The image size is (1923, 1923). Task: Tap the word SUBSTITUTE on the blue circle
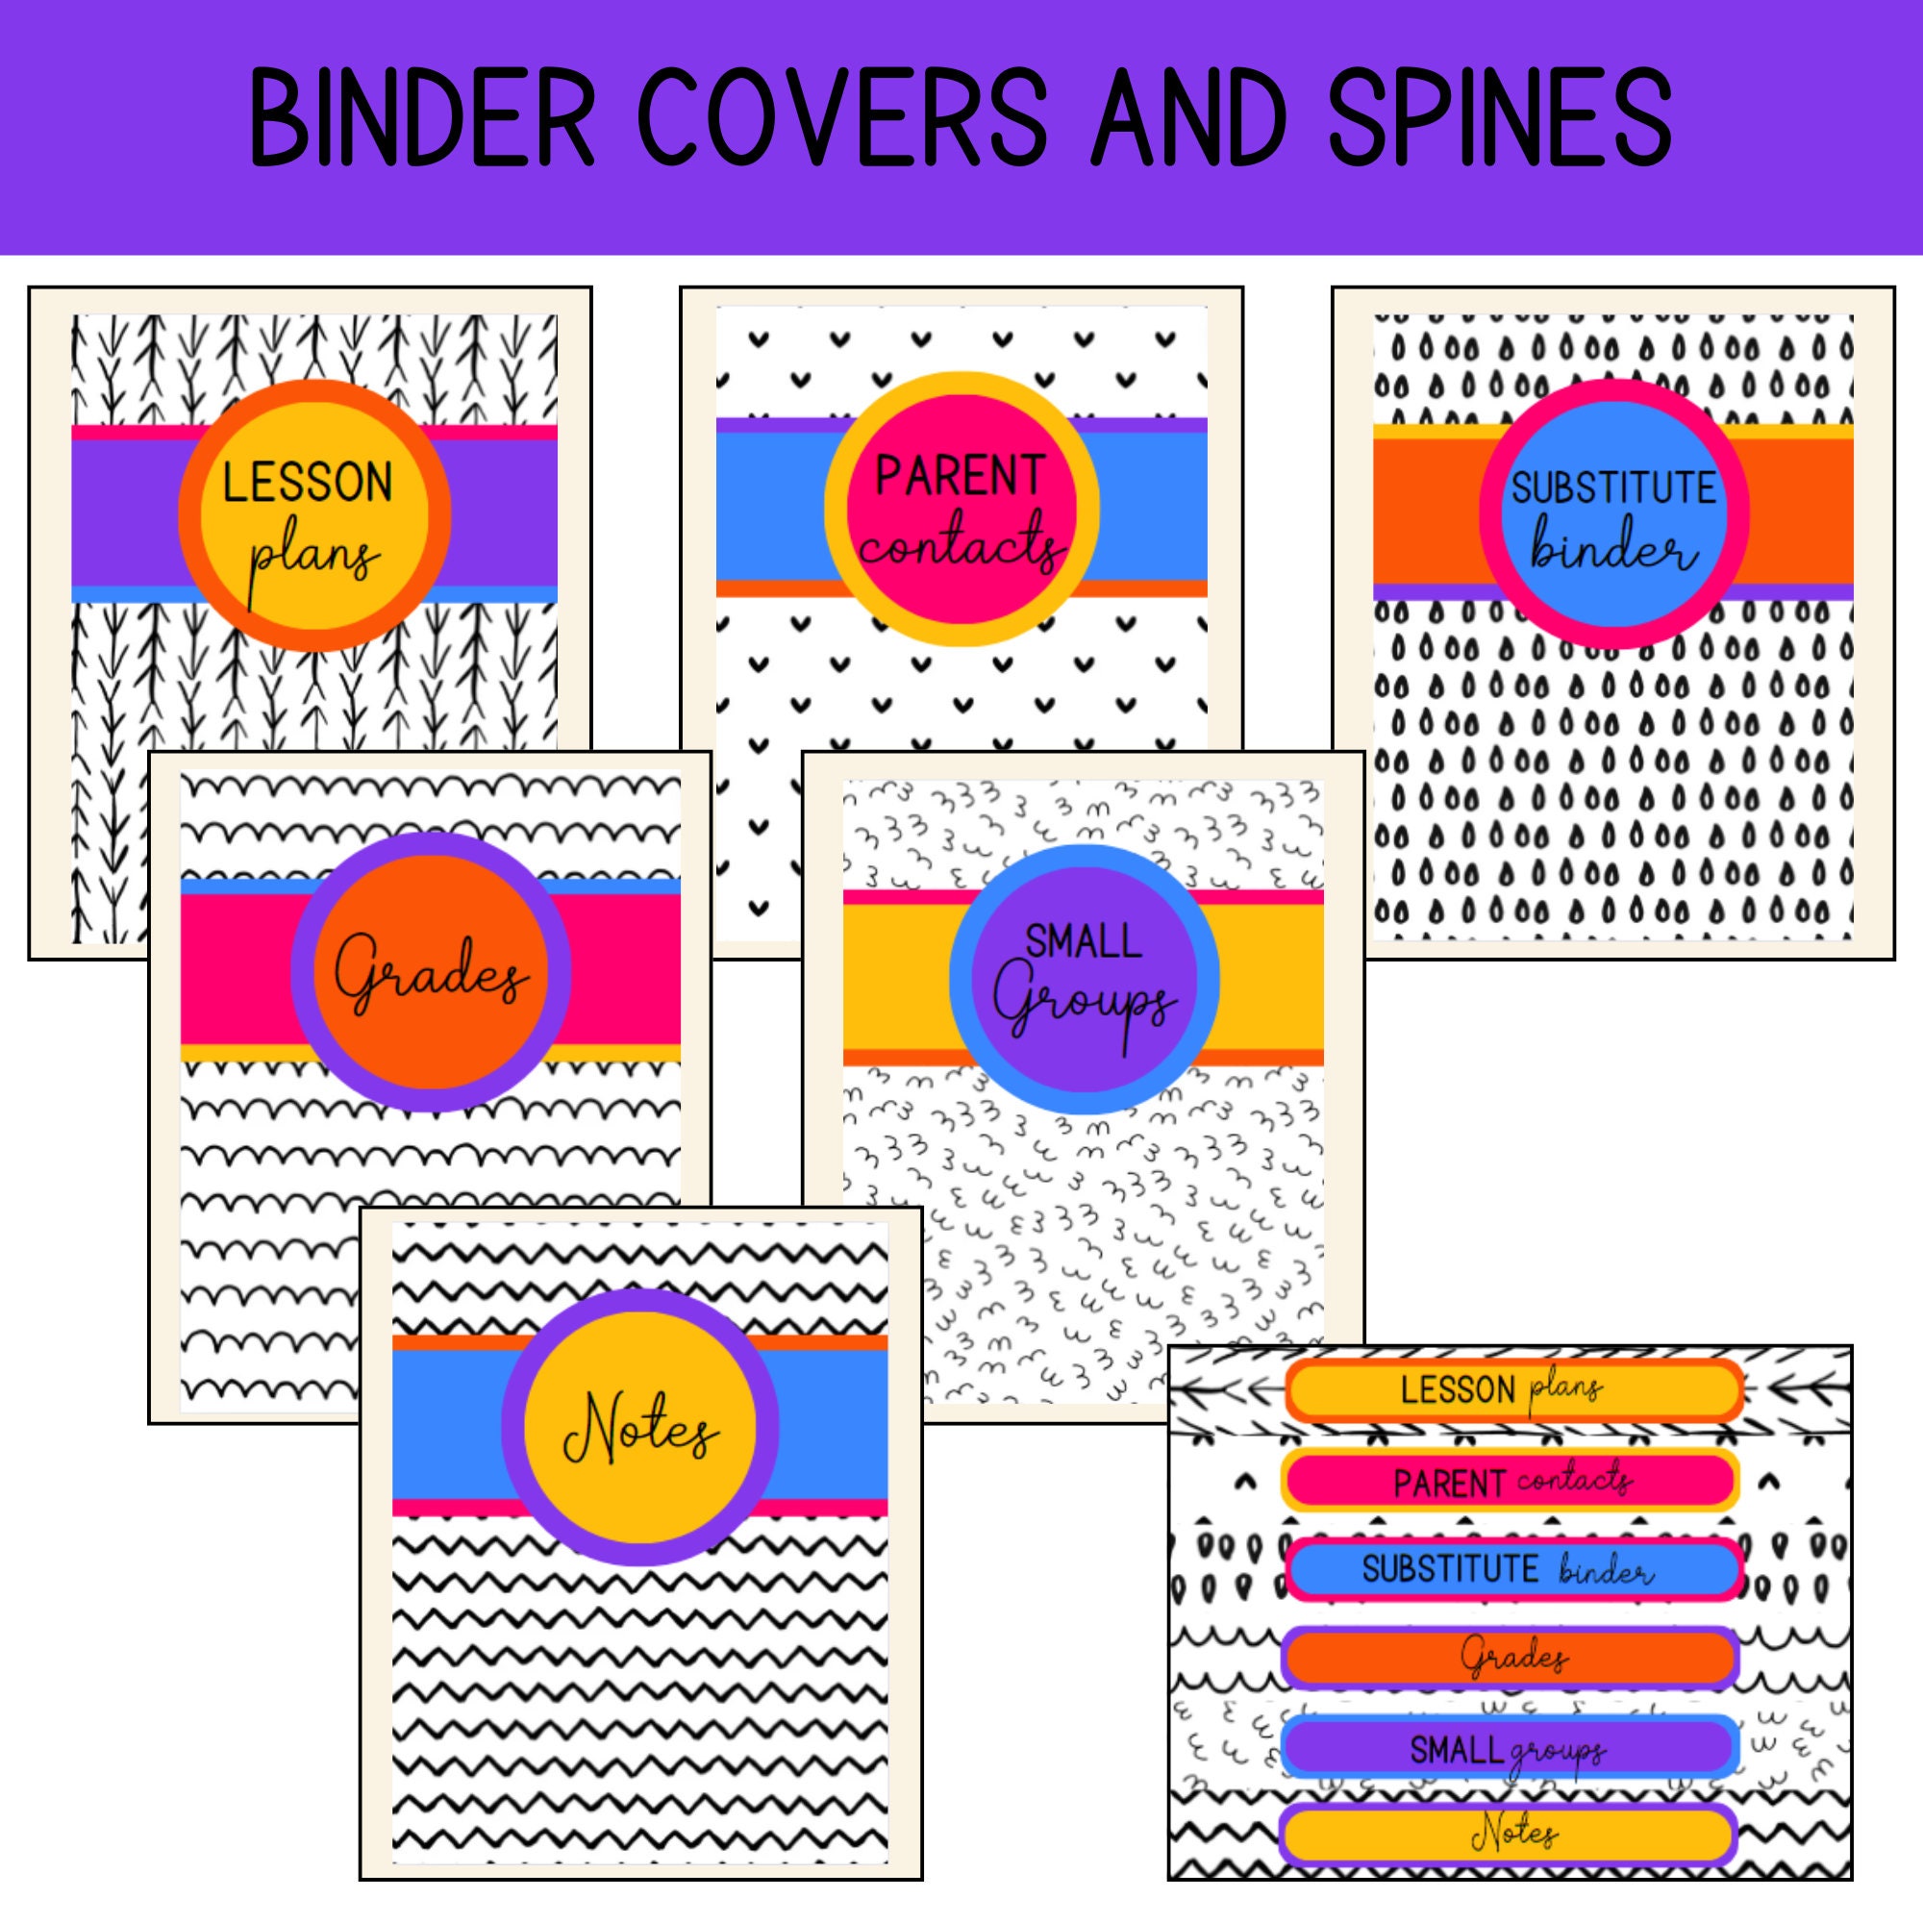pyautogui.click(x=1613, y=487)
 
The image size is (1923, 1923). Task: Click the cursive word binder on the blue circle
pyautogui.click(x=1613, y=549)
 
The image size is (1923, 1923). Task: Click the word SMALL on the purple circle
pyautogui.click(x=1083, y=940)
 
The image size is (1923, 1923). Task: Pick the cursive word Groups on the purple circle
pyautogui.click(x=1085, y=1006)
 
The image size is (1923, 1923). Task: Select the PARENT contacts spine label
pyautogui.click(x=1510, y=1481)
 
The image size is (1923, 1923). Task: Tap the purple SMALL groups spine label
pyautogui.click(x=1510, y=1748)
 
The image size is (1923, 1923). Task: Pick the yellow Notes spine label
pyautogui.click(x=1510, y=1835)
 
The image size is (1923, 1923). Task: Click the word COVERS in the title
pyautogui.click(x=842, y=118)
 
